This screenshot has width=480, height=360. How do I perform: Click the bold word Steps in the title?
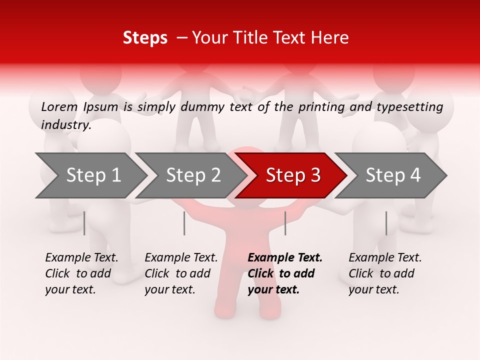pos(145,38)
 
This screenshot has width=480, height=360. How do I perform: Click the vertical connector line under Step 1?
pos(84,223)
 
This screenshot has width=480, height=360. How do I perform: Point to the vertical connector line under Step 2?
pos(184,223)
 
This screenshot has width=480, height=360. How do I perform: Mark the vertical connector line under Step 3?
pos(285,223)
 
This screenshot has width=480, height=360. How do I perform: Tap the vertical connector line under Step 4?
pos(386,223)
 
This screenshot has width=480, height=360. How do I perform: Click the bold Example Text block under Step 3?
pos(285,273)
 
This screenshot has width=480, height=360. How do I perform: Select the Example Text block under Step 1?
pos(81,273)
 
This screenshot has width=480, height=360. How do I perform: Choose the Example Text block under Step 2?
pos(181,273)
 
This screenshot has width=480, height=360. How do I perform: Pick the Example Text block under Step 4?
pos(385,273)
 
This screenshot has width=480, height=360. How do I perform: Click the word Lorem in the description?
pos(59,106)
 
